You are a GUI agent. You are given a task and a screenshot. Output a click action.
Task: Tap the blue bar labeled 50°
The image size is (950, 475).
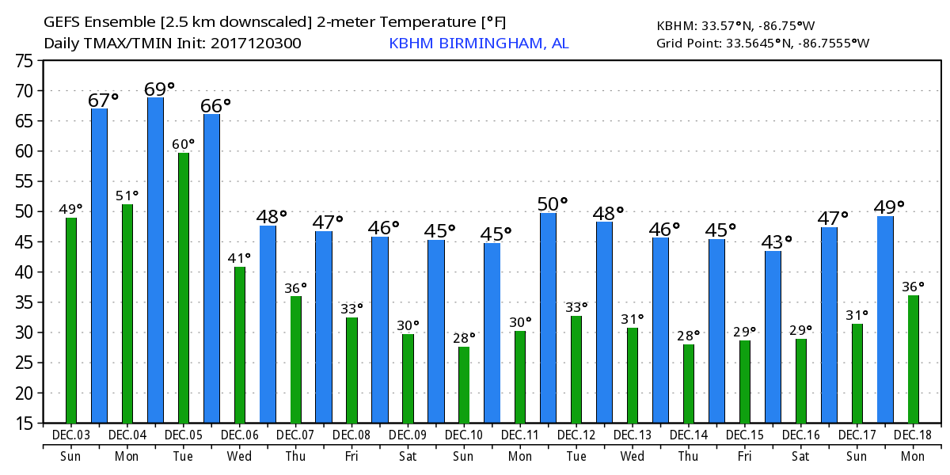click(548, 317)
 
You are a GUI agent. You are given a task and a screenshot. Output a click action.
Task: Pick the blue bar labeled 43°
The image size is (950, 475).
click(773, 336)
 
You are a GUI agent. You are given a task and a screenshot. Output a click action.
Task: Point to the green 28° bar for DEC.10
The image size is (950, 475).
click(464, 385)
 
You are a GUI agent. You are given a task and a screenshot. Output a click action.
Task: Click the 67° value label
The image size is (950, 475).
click(103, 101)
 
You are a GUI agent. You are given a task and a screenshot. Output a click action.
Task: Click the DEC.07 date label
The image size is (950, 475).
click(295, 435)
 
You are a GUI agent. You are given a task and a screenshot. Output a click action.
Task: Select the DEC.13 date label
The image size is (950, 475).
click(633, 435)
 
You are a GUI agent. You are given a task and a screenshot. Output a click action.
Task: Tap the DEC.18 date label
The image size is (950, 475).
click(913, 435)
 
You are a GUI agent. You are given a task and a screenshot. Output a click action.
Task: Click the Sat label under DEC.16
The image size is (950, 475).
click(800, 457)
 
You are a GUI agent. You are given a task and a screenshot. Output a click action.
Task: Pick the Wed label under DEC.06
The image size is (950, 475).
click(239, 457)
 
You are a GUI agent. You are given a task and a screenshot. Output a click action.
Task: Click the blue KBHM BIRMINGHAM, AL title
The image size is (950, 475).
click(478, 44)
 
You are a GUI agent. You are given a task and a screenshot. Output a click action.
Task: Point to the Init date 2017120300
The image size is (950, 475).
click(256, 44)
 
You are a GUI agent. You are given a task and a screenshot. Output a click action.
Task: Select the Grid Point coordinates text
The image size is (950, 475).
click(762, 44)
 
